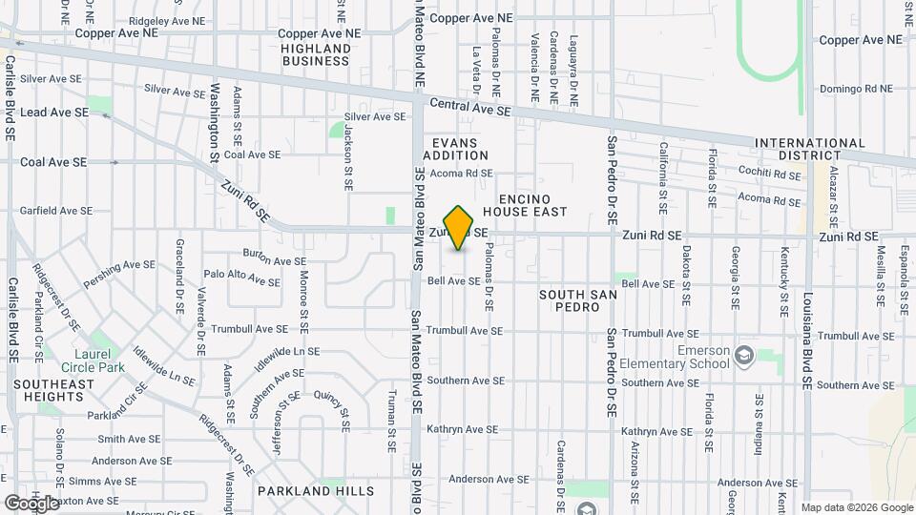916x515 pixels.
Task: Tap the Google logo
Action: tap(32, 503)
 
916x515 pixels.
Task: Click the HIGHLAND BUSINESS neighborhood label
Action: tap(316, 54)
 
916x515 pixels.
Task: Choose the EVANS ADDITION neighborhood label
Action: tap(455, 149)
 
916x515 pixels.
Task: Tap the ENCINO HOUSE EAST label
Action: tap(525, 204)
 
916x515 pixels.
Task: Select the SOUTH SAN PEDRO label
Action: tap(578, 295)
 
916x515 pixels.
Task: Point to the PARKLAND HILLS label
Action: tap(315, 491)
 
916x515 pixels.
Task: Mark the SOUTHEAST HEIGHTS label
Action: tap(53, 391)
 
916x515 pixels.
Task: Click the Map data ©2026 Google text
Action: tap(857, 507)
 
